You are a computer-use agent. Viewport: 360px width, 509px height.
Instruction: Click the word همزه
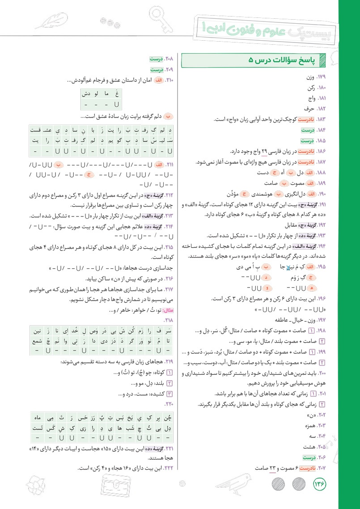coord(308,427)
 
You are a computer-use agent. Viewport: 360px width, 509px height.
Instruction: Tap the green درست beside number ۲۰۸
coord(156,59)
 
